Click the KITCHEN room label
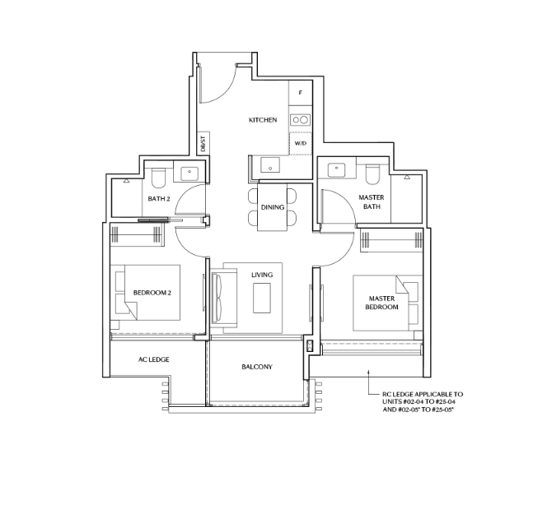click(x=263, y=120)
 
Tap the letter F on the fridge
click(x=300, y=94)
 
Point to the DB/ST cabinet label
click(x=203, y=144)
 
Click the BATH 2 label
click(x=158, y=198)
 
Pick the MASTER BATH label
click(x=372, y=201)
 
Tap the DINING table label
click(x=273, y=207)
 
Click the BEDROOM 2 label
click(x=151, y=292)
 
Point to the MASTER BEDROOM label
click(x=381, y=302)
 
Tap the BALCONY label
click(x=257, y=367)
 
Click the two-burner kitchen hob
click(x=300, y=120)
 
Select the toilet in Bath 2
click(x=159, y=177)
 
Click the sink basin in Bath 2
click(x=189, y=174)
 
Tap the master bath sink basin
click(x=338, y=171)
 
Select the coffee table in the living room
click(x=264, y=297)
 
